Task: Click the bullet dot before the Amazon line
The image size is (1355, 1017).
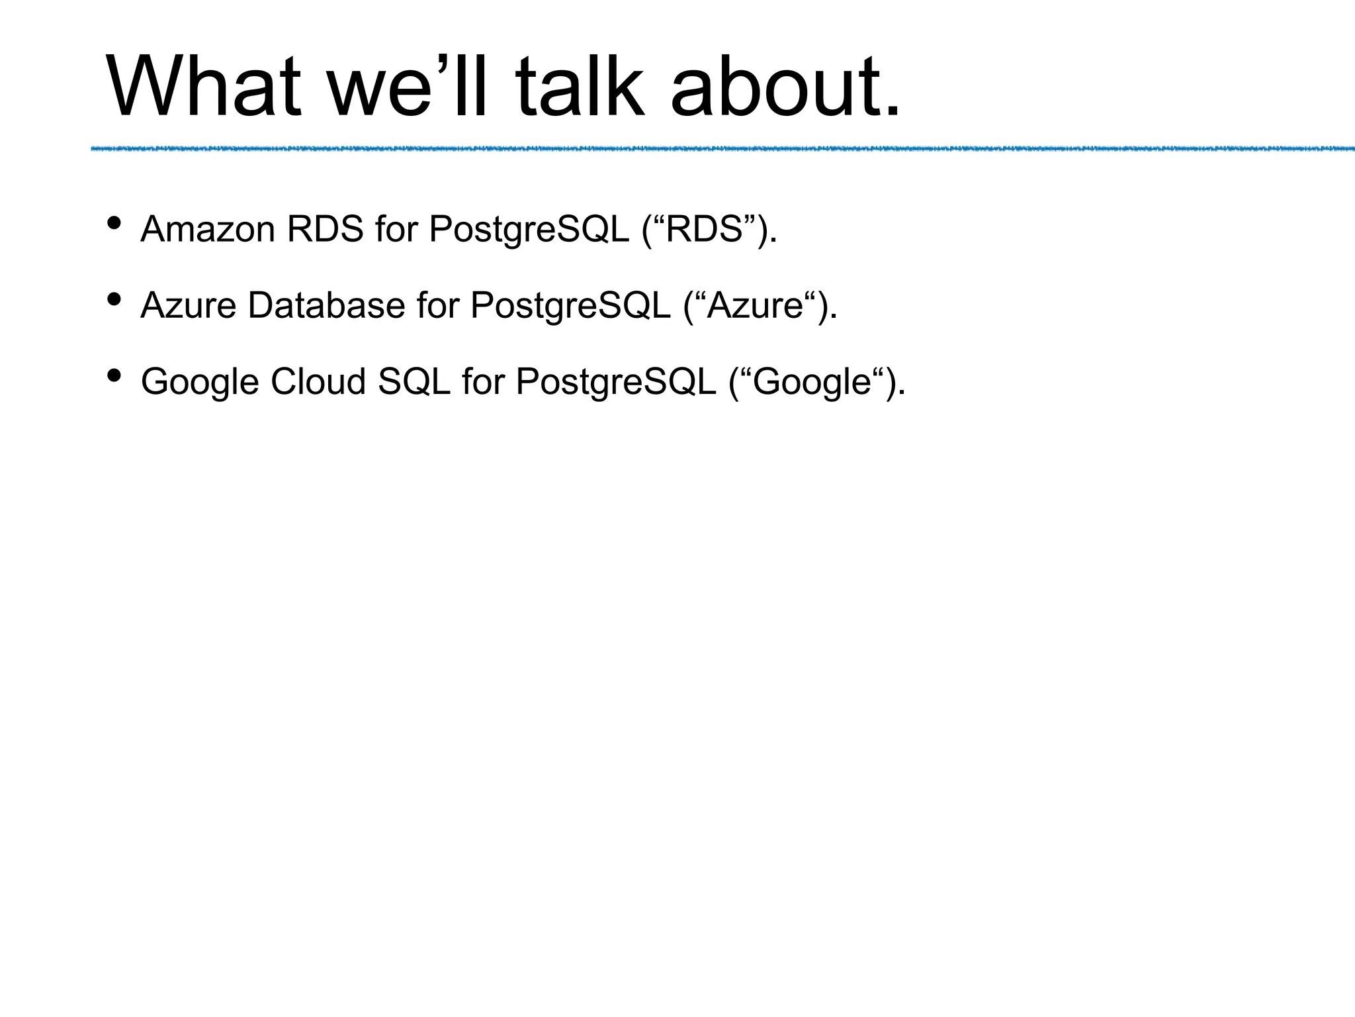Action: pos(114,222)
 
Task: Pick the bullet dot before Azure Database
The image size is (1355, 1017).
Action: pos(114,299)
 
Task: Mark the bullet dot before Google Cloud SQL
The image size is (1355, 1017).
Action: pos(114,375)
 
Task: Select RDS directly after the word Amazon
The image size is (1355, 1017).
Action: pos(325,230)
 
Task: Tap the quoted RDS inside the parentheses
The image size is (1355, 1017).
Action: pos(703,230)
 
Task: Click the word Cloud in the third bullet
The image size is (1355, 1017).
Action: pos(318,382)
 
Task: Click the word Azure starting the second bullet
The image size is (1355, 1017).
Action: pos(189,306)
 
